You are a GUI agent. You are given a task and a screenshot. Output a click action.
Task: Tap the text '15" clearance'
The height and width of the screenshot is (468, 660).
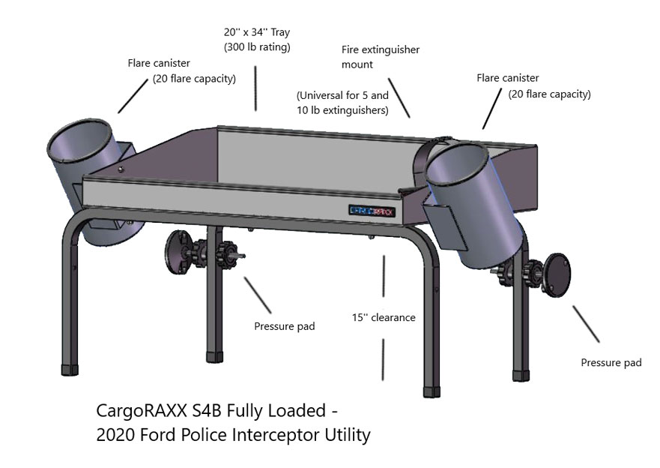[x=384, y=317]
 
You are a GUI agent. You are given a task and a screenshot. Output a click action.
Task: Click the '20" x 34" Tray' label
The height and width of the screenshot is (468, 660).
[x=256, y=32]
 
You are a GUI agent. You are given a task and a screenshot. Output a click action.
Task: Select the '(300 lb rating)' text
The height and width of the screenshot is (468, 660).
[x=257, y=47]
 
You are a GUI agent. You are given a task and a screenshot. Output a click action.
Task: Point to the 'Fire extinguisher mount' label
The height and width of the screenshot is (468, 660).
[x=380, y=57]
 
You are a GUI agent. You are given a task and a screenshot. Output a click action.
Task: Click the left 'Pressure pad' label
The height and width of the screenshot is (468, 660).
[x=285, y=326]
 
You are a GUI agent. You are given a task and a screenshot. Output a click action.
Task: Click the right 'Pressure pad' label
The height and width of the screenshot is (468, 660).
[x=611, y=363]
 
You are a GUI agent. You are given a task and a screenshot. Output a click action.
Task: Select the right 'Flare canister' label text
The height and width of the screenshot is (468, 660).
[x=508, y=78]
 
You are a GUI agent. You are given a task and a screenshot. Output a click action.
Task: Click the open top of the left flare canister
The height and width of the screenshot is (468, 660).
[x=78, y=143]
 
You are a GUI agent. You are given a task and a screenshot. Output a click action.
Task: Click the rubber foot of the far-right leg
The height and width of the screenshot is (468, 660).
[x=521, y=373]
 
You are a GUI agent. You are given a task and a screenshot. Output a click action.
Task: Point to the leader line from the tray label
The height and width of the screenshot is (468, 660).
[x=255, y=88]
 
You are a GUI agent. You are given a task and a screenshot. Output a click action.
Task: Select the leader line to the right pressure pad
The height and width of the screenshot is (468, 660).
[x=586, y=323]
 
